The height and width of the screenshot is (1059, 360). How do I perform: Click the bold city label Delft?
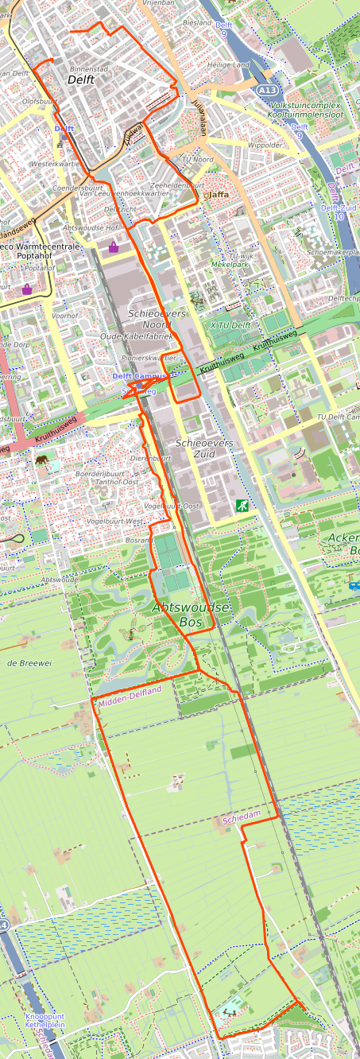coord(81,80)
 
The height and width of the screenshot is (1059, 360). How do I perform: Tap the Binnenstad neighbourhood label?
coord(88,69)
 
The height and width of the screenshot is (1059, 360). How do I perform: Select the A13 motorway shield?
coord(267,91)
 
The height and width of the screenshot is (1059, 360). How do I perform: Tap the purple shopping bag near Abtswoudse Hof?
coord(114,246)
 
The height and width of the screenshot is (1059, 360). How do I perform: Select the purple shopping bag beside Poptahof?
coord(27,289)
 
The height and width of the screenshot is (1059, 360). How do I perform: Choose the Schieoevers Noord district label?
coord(157,319)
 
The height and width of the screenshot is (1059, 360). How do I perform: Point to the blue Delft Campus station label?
coord(139,376)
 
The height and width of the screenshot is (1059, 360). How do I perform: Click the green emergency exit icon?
coord(241,505)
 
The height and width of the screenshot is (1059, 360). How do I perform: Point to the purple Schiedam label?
coord(242,817)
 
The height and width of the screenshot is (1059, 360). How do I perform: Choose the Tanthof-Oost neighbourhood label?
coord(118,482)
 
